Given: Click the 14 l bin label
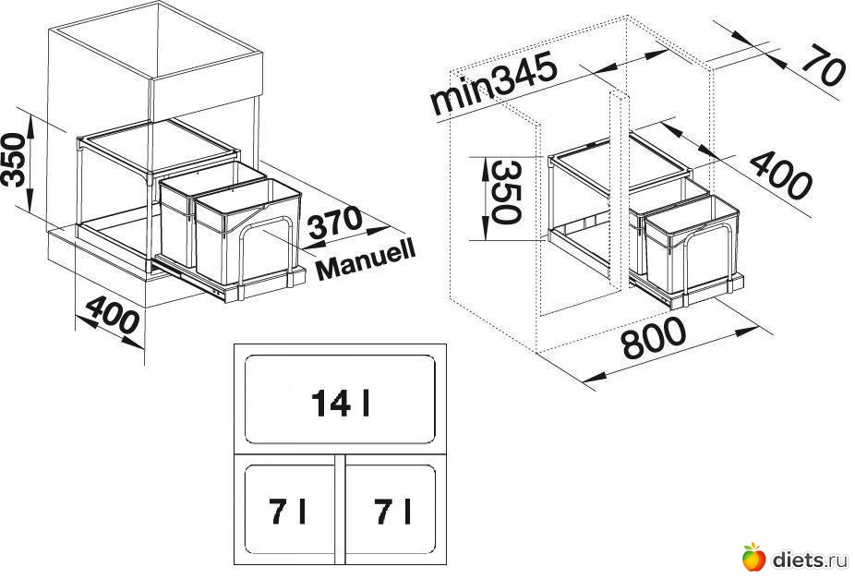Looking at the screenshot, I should click(341, 404).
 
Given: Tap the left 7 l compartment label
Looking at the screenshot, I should click(289, 511).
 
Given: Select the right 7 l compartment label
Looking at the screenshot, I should click(392, 511).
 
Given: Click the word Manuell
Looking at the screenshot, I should click(366, 259).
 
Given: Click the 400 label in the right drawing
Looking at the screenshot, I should click(779, 175).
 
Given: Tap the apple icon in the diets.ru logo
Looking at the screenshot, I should click(753, 556).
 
